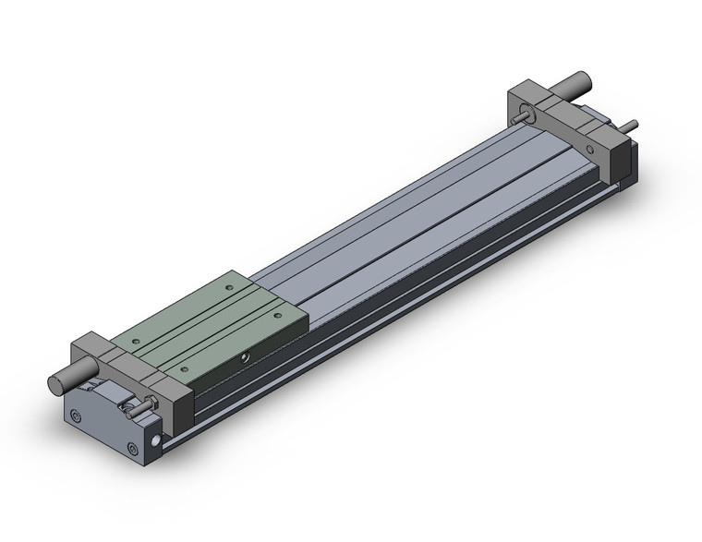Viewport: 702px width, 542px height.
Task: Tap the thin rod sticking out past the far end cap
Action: tap(630, 125)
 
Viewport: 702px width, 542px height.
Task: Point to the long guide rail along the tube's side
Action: tap(416, 277)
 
